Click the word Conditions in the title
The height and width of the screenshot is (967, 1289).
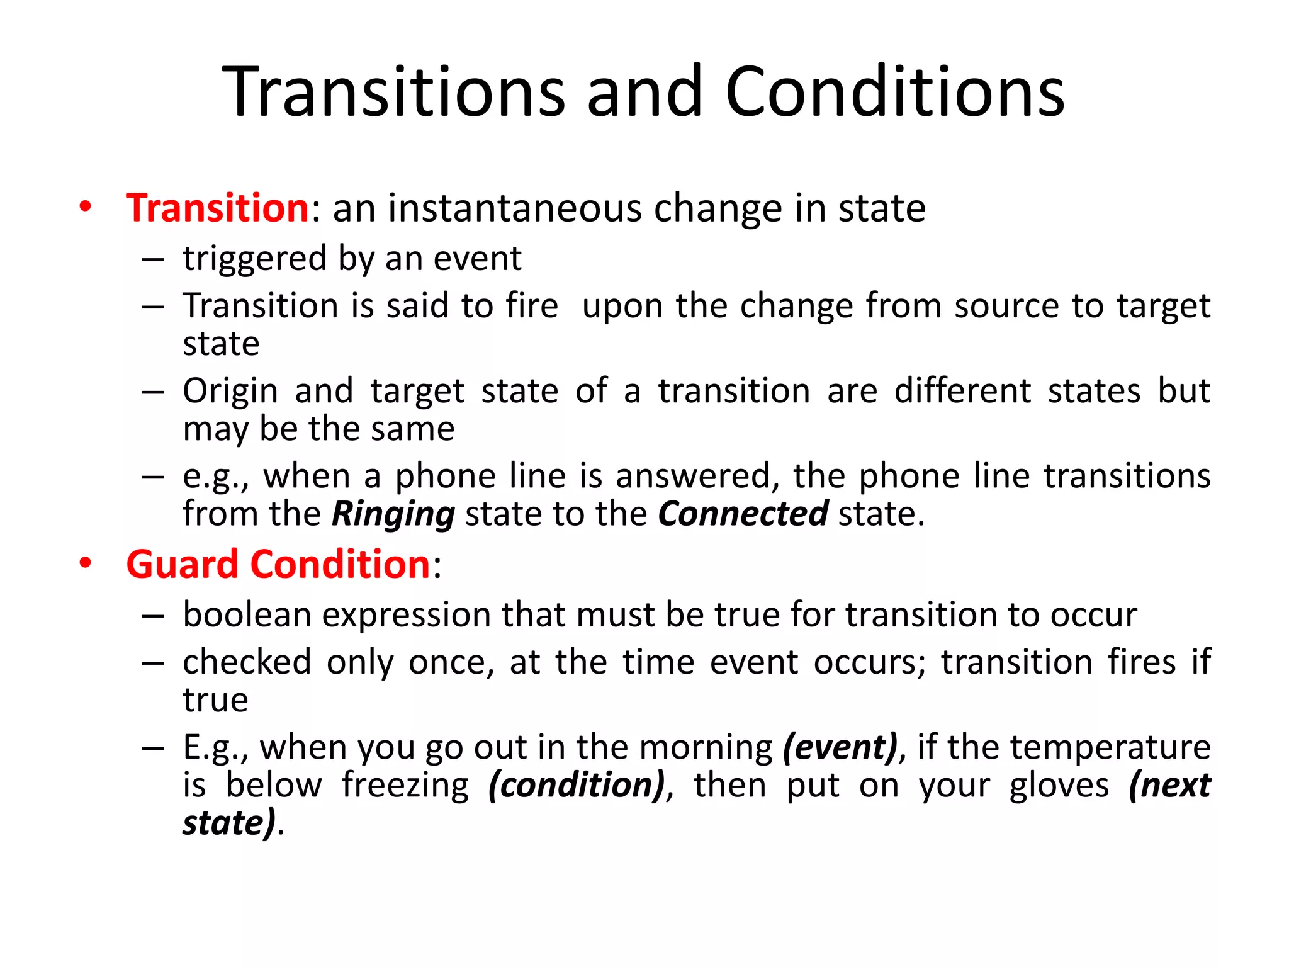click(894, 93)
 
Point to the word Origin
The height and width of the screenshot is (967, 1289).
click(230, 391)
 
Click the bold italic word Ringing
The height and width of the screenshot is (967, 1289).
click(393, 514)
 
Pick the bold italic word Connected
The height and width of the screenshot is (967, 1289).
click(743, 514)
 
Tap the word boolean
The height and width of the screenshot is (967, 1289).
click(247, 614)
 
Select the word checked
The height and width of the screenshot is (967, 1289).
click(247, 662)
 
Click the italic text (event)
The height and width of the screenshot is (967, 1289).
click(840, 748)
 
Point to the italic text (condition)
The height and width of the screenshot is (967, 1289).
click(577, 786)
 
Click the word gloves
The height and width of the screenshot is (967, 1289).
click(1059, 786)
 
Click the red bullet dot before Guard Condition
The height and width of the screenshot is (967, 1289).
click(85, 563)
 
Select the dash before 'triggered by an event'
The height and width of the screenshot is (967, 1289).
click(152, 259)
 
